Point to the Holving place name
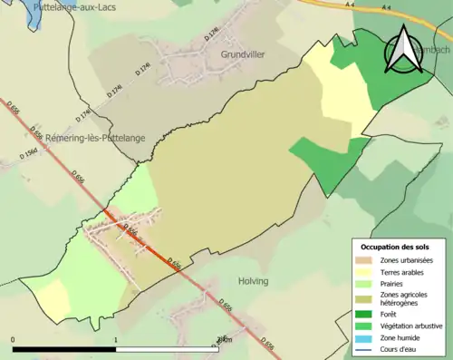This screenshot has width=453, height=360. (x=253, y=281)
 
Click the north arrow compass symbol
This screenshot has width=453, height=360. (x=404, y=49)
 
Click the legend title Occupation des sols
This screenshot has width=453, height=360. (x=395, y=247)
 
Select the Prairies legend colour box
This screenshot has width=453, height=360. (x=363, y=282)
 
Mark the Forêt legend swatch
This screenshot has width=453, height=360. (x=363, y=314)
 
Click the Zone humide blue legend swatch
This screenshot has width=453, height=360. (x=363, y=336)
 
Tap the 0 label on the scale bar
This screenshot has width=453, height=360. (x=13, y=340)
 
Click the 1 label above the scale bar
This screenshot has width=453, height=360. (x=116, y=340)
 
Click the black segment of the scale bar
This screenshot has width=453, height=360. (x=64, y=350)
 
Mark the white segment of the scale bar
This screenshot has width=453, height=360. (x=168, y=350)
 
